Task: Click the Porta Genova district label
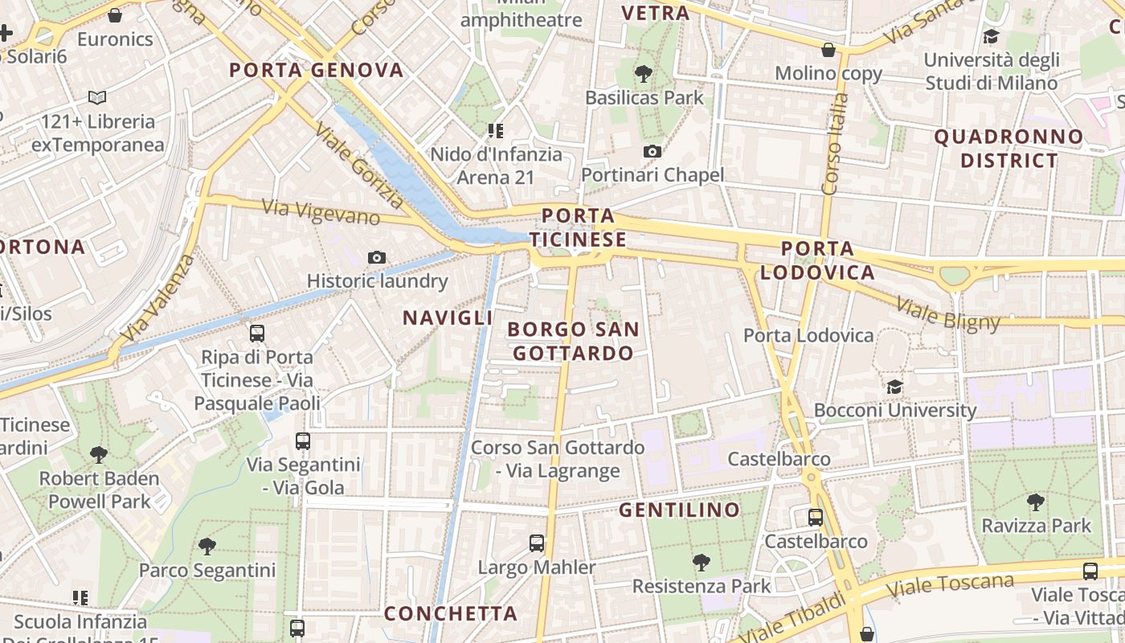[x=316, y=70]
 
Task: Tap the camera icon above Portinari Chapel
[x=652, y=151]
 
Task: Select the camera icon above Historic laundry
[x=376, y=257]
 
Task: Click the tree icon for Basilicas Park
[x=643, y=74]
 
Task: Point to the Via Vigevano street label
[x=321, y=212]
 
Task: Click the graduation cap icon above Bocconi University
[x=894, y=387]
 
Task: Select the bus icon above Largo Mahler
[x=537, y=543]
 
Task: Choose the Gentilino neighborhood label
[x=679, y=510]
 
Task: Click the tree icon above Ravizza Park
[x=1036, y=502]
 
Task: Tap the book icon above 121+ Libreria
[x=97, y=98]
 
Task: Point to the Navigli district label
[x=448, y=317]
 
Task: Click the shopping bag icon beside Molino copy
[x=828, y=50]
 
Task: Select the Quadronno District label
[x=1008, y=149]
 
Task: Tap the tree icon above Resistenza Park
[x=701, y=562]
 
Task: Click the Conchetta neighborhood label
[x=450, y=613]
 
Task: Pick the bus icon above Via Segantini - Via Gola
[x=303, y=440]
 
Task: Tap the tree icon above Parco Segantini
[x=207, y=547]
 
